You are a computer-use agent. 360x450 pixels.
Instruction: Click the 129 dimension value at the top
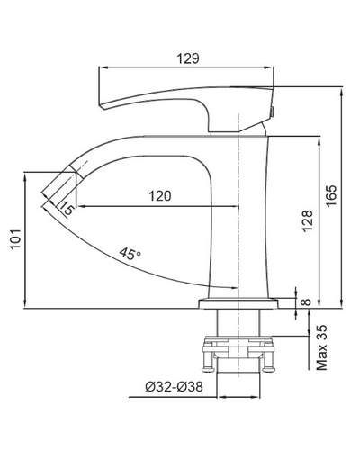click(188, 58)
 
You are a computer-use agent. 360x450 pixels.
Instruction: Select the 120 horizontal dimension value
click(160, 196)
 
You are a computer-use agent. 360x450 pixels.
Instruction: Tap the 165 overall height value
click(332, 195)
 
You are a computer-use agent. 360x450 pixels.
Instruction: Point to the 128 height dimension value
click(308, 221)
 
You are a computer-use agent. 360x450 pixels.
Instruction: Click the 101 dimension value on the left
click(15, 238)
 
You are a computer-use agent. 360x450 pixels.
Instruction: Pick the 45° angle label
click(130, 254)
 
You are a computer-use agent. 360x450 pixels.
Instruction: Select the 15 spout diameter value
click(66, 208)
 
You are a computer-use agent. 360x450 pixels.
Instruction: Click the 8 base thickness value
click(306, 301)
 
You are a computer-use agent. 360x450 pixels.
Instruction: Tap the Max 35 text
click(321, 347)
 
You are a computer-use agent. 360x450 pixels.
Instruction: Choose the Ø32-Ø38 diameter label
click(174, 387)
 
